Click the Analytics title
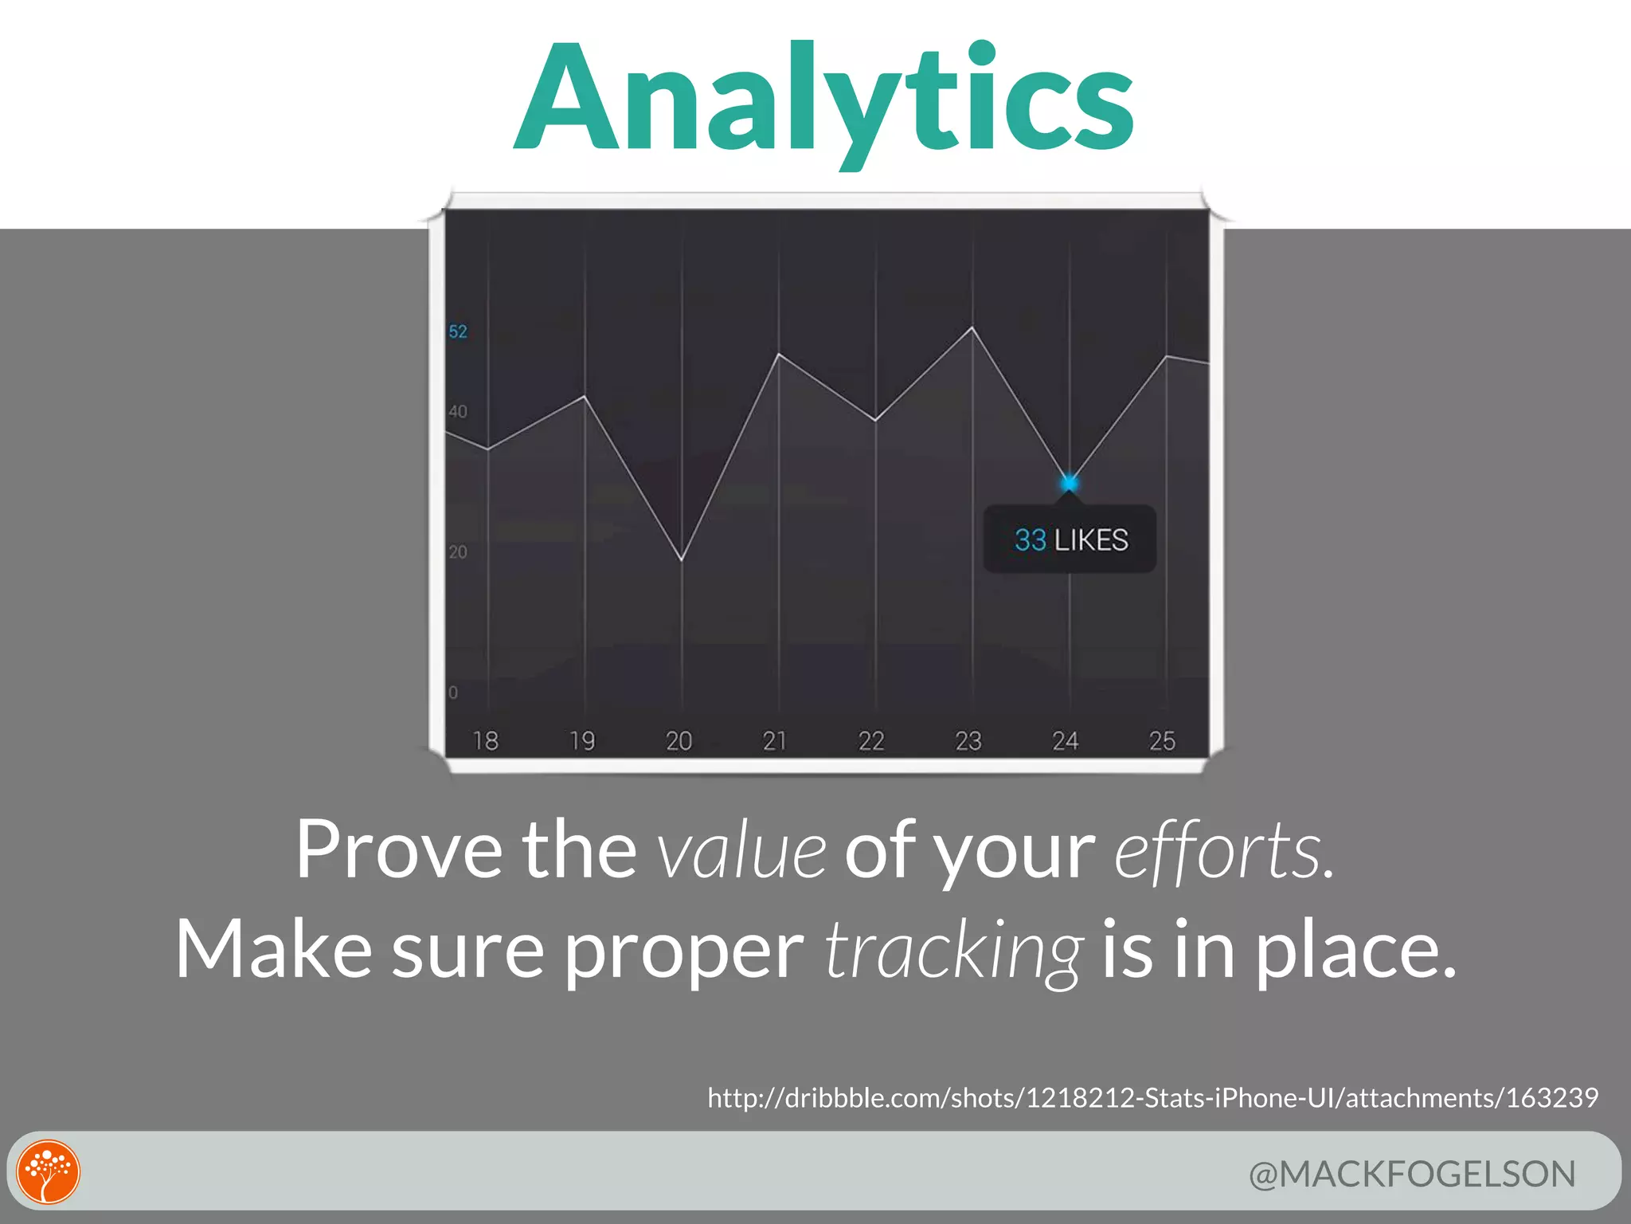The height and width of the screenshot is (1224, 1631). [824, 100]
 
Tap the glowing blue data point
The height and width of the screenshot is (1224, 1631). [1069, 483]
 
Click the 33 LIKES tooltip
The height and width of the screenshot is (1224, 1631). [1070, 539]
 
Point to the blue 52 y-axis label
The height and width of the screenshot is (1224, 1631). [458, 331]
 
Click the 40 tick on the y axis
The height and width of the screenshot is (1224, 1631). [458, 412]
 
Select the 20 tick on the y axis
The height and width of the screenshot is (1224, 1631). [458, 552]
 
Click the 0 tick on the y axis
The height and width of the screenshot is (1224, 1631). [453, 692]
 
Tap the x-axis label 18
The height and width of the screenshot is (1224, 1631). [485, 741]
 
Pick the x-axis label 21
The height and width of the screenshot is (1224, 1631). [774, 741]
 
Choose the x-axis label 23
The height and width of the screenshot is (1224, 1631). [968, 741]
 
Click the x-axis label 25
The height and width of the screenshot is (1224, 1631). [1162, 741]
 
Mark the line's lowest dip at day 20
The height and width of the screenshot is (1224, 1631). [682, 559]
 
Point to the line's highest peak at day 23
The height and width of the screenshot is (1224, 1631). [972, 328]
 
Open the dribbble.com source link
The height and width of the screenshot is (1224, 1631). [1152, 1098]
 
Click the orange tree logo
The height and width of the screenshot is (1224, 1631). [49, 1171]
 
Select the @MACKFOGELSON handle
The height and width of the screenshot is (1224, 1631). [1412, 1174]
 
